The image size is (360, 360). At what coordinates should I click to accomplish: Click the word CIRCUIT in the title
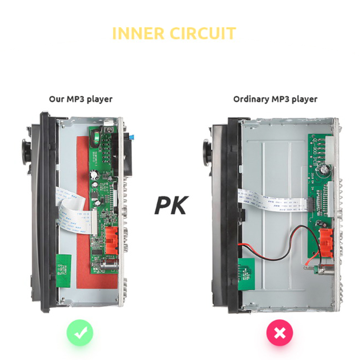point(203,33)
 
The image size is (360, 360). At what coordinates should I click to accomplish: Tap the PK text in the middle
point(171,205)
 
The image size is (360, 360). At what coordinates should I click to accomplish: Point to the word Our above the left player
point(57,99)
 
